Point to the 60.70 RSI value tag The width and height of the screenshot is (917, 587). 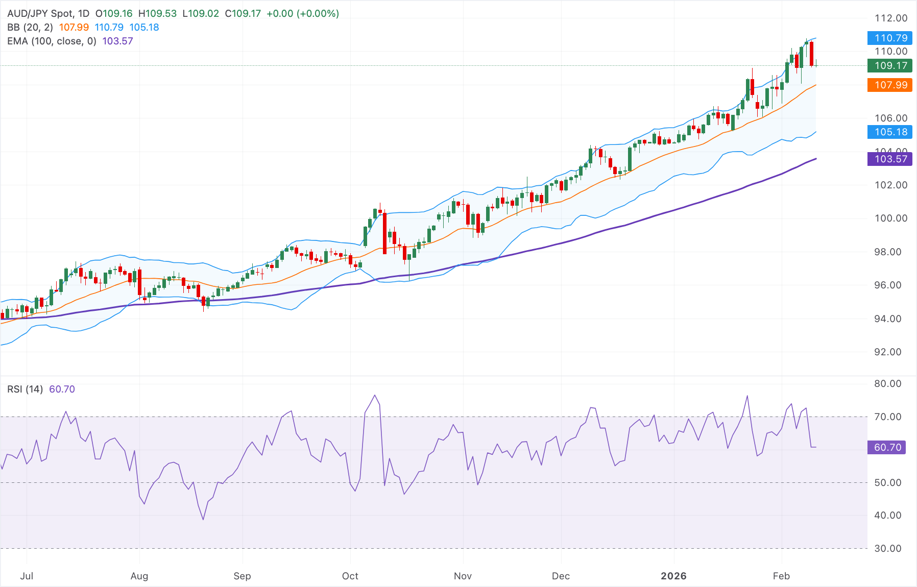tap(887, 447)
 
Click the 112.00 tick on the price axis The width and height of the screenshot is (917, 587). tap(891, 18)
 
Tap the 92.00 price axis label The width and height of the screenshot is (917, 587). tap(891, 352)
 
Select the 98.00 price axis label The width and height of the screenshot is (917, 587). tap(891, 252)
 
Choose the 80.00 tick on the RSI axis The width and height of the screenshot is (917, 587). tap(888, 383)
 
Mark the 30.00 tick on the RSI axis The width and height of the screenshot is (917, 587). tap(888, 548)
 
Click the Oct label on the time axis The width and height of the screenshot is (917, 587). tap(350, 576)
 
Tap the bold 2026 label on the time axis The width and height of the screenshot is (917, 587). tap(673, 576)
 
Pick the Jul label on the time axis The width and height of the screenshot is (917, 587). tap(27, 576)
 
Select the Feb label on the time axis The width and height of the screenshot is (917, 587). tap(781, 576)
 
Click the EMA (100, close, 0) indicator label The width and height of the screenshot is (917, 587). tap(52, 41)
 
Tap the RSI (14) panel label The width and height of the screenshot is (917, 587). tap(25, 389)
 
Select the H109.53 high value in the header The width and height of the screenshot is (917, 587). tap(158, 14)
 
